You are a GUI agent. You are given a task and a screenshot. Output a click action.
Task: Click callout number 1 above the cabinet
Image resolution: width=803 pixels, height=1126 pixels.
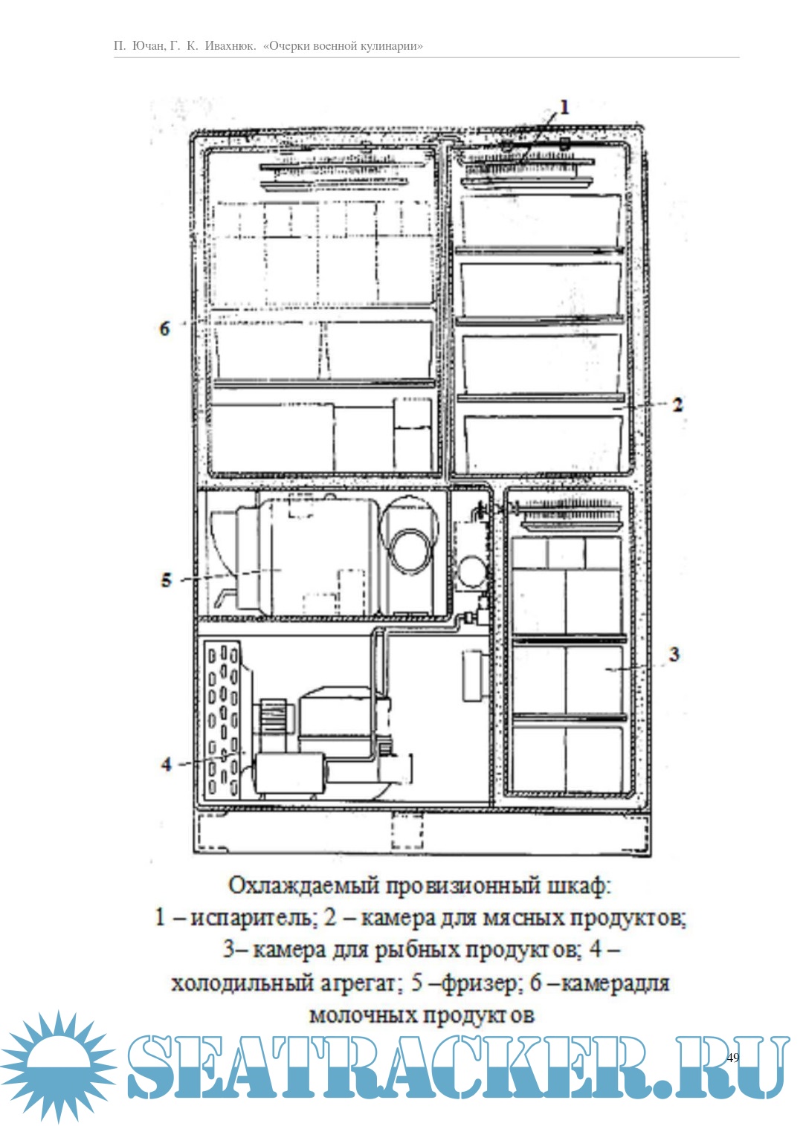point(564,106)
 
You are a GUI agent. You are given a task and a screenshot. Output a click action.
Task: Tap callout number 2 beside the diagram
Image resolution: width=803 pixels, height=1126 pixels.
point(677,404)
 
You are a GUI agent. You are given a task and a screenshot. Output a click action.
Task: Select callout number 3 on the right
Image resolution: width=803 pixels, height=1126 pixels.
point(674,654)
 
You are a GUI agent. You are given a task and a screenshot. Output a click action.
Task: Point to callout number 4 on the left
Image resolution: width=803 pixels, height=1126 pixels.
point(167,764)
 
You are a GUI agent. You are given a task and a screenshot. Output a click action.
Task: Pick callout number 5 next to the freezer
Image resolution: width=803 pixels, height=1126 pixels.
point(167,580)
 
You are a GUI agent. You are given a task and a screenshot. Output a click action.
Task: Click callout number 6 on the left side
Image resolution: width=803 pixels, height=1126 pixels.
point(164,329)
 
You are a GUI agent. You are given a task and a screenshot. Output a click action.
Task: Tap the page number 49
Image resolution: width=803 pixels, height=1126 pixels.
point(732,1058)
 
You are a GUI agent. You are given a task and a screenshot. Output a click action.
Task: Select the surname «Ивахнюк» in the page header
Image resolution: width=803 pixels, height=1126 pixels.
point(229,46)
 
